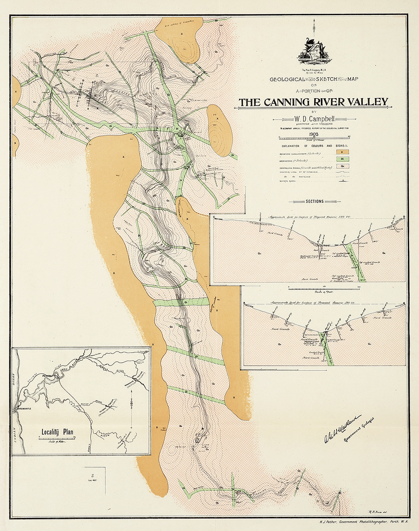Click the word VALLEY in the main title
pyautogui.click(x=366, y=102)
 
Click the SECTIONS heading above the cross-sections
pyautogui.click(x=314, y=201)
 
